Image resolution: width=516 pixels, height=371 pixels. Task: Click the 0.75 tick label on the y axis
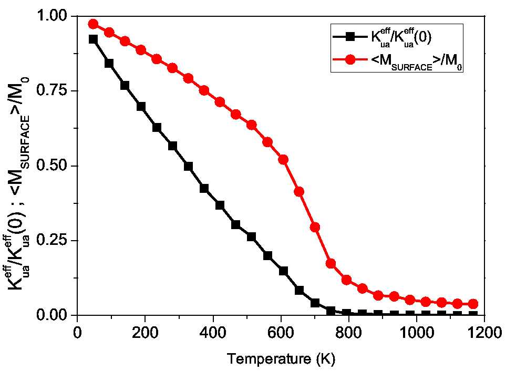tap(55, 91)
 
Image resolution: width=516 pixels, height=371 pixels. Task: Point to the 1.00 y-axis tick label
tap(55, 16)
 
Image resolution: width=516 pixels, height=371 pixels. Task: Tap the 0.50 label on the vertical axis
tap(55, 166)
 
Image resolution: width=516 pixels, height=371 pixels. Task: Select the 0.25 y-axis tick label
tap(55, 241)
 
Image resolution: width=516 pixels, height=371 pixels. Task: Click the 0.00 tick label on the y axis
tap(55, 315)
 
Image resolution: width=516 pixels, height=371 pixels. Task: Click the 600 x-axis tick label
tap(281, 333)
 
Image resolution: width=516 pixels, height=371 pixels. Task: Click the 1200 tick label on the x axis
tap(484, 333)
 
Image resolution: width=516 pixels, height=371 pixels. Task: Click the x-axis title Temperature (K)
tap(281, 359)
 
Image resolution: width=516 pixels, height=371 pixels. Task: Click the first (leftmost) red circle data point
tap(94, 24)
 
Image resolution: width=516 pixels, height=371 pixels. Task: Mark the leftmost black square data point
tap(94, 39)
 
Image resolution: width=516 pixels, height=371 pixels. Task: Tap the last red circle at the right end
tap(473, 304)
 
